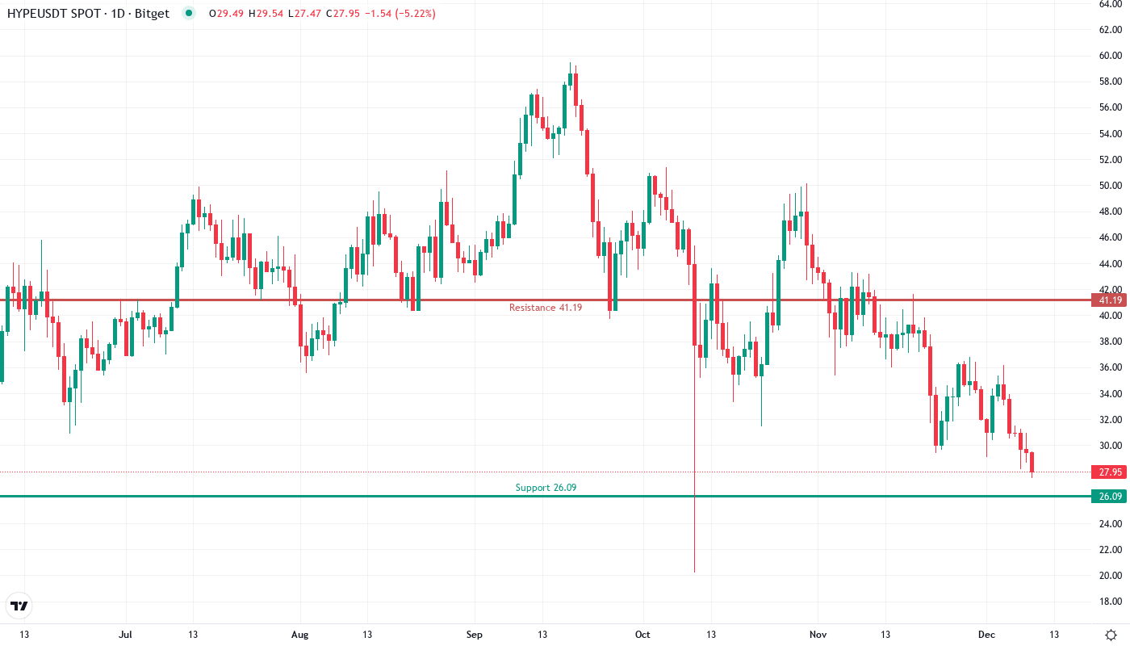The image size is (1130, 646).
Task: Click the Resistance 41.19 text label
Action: [x=545, y=308]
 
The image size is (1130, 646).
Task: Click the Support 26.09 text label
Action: [x=546, y=488]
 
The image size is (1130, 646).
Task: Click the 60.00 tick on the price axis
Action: [x=1111, y=56]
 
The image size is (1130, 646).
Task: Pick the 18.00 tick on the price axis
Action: [x=1111, y=602]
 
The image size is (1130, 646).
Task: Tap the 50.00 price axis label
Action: [x=1111, y=186]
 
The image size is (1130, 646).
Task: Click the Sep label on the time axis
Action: [x=475, y=635]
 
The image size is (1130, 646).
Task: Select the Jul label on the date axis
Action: [x=125, y=635]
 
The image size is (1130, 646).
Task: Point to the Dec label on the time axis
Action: [x=986, y=635]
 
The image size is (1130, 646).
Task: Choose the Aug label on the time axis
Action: [x=299, y=635]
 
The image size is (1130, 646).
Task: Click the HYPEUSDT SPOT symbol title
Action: [x=88, y=14]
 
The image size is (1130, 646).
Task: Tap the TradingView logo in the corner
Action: [x=19, y=606]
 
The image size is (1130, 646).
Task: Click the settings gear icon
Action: [x=1111, y=634]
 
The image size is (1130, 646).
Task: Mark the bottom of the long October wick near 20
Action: [x=694, y=572]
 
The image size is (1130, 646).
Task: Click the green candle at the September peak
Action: [x=570, y=79]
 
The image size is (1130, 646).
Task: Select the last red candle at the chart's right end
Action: [x=1032, y=463]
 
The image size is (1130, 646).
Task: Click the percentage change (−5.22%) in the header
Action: [x=416, y=14]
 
